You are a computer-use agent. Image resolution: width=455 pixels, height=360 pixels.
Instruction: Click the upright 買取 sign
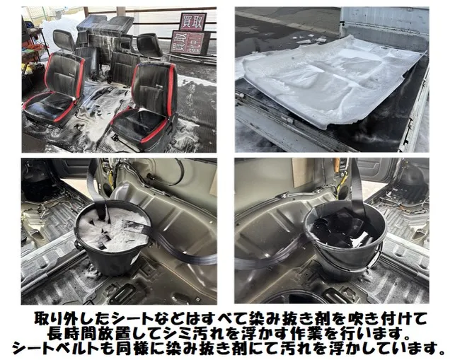(192, 21)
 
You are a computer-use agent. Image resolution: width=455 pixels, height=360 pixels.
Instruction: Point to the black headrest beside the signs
(149, 45)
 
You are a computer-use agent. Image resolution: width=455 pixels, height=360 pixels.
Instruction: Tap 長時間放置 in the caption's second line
(78, 334)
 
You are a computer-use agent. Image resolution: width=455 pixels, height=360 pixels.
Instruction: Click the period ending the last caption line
(441, 352)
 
